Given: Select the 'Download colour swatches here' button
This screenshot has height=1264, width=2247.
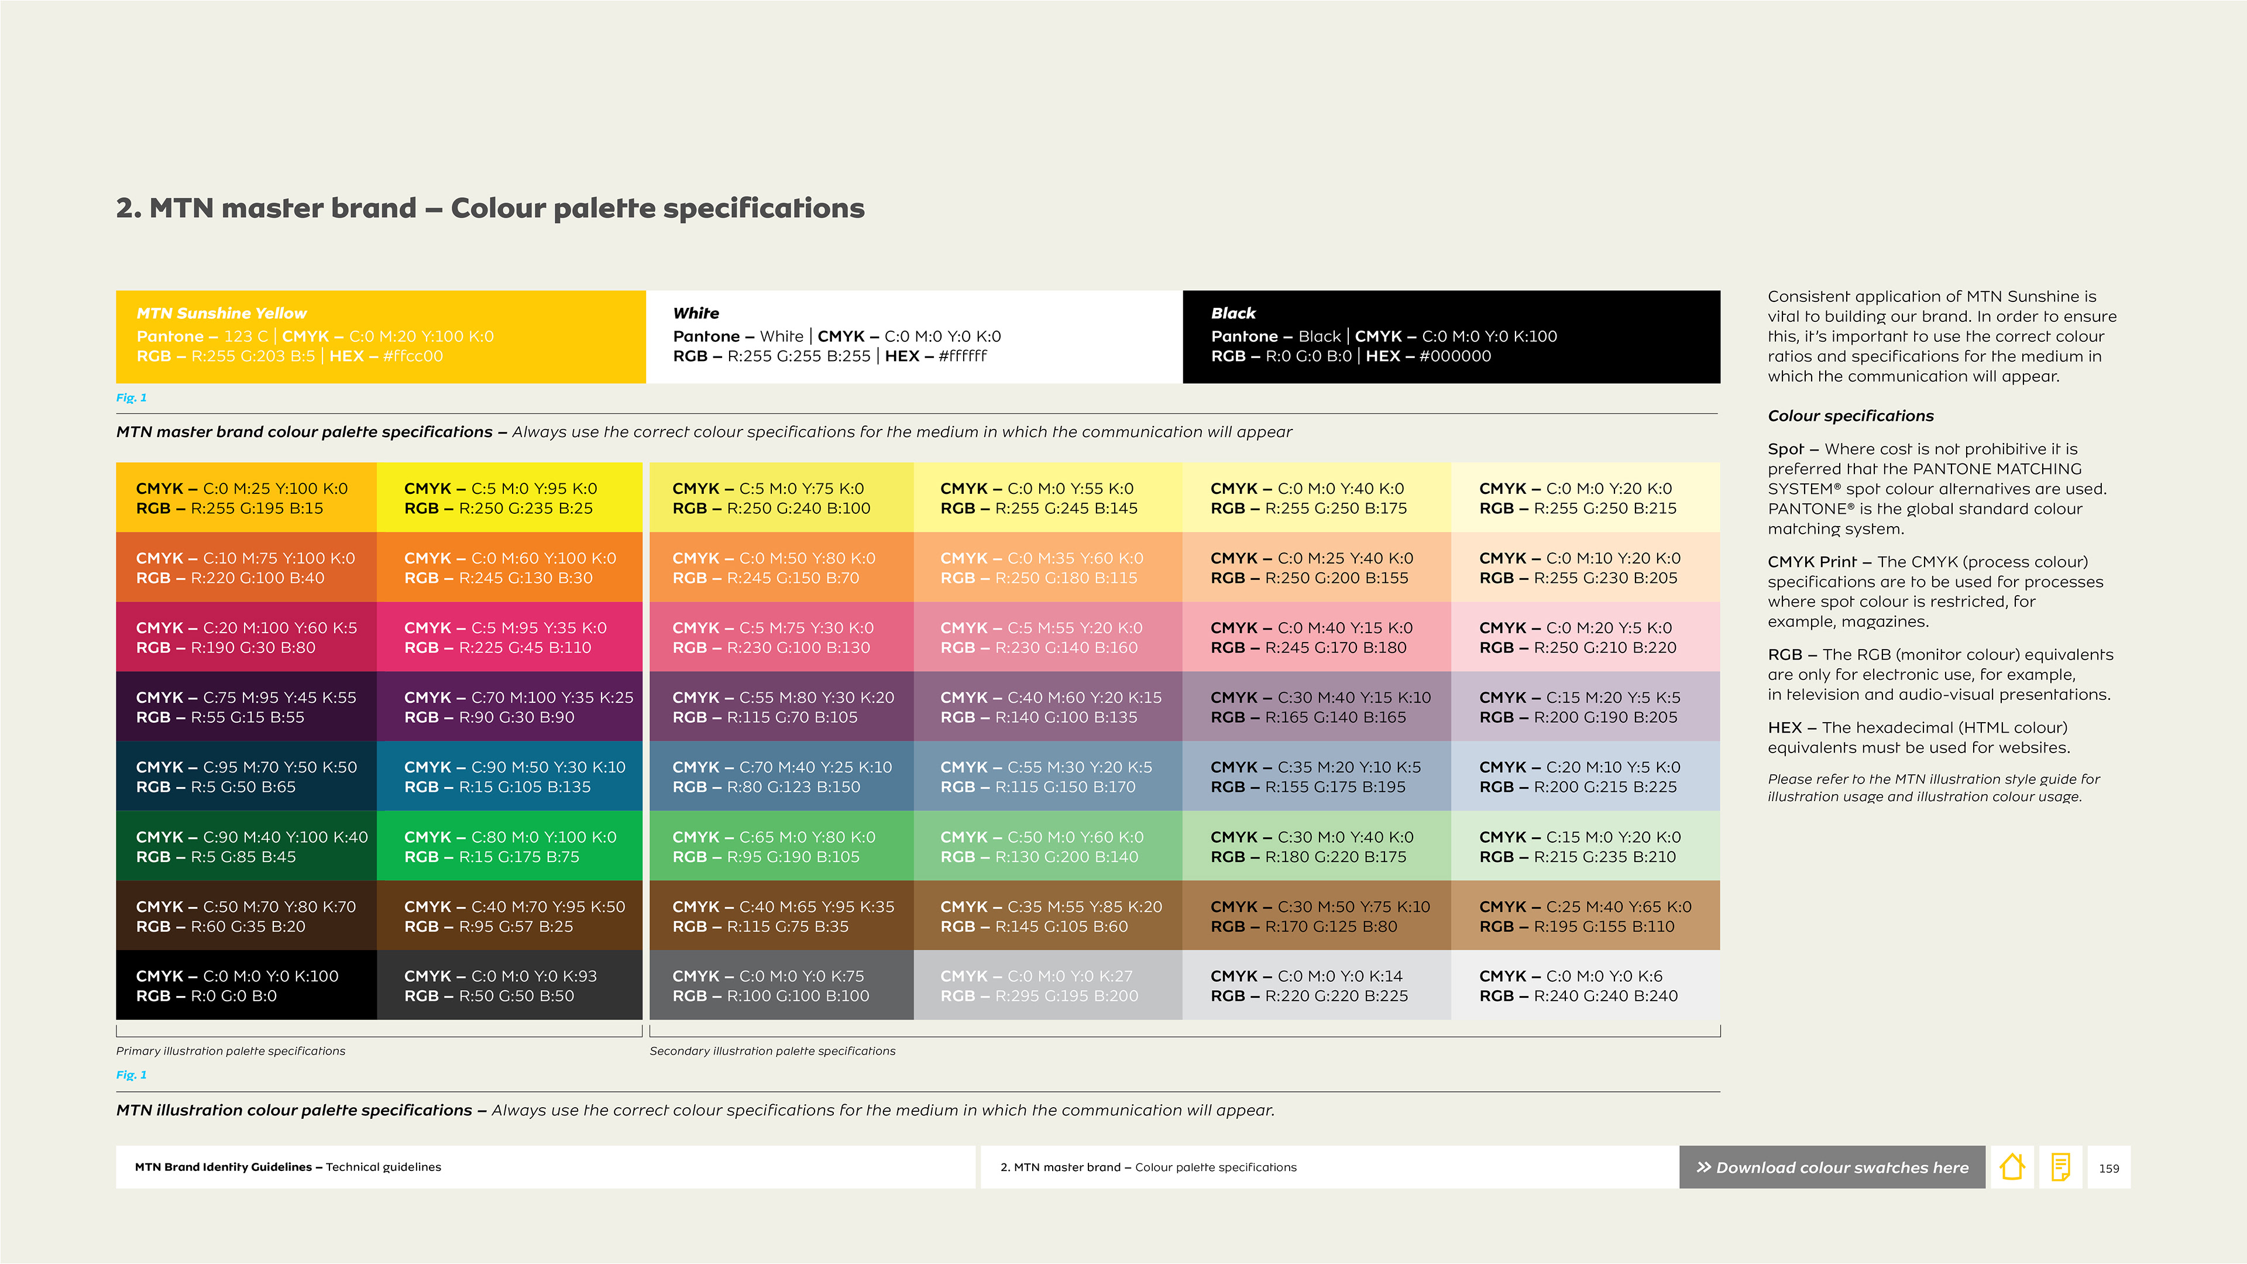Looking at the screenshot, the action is click(x=1832, y=1167).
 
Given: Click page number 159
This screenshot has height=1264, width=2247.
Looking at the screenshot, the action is click(x=2108, y=1168).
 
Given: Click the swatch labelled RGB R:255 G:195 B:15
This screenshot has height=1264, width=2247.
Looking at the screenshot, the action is click(x=246, y=497).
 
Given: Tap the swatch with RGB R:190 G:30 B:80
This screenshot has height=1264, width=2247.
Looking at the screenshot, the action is click(x=246, y=637).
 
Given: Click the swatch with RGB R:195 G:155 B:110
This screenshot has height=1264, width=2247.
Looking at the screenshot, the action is click(x=1586, y=915).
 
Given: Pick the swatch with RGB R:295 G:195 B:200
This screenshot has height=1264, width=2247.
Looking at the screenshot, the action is click(x=1047, y=985).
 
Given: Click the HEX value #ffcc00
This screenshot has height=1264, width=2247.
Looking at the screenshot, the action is click(x=413, y=356).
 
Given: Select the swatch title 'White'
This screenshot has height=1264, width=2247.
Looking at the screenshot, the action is click(x=696, y=313).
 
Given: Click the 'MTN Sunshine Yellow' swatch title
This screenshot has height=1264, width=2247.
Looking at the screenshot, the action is click(x=222, y=313).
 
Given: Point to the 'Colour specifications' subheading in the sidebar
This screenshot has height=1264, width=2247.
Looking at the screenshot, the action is click(x=1851, y=416).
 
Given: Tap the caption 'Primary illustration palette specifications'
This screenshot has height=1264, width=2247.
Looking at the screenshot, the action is click(x=231, y=1051).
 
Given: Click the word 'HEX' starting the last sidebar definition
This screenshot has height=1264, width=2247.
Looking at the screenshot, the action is click(x=1785, y=727).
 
